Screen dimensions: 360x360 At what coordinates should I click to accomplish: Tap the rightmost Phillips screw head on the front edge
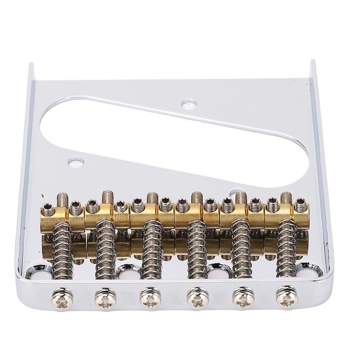click(287, 295)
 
